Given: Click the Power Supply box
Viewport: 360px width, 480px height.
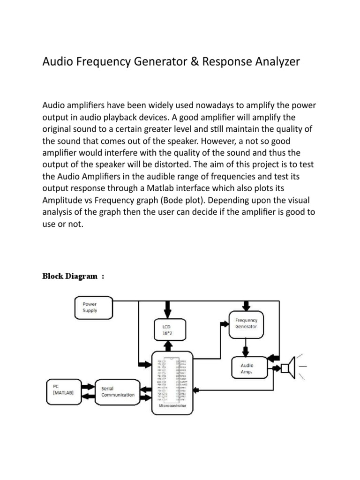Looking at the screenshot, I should tap(93, 307).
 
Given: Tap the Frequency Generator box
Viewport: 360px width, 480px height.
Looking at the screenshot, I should tap(246, 323).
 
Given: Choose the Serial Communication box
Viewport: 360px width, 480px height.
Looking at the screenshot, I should tap(117, 391).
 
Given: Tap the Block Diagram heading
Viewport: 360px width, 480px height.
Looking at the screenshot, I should tap(73, 276).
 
